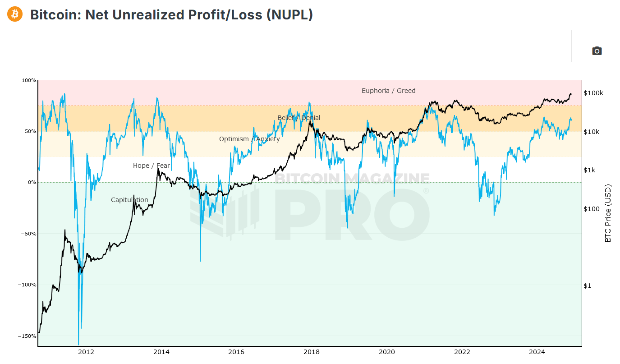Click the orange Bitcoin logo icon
tap(14, 14)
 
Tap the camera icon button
tap(597, 51)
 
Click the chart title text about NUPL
tap(171, 14)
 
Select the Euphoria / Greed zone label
tap(388, 91)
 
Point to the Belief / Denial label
tap(299, 118)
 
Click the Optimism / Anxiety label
tap(249, 139)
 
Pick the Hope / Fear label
tap(152, 166)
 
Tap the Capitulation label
tap(129, 200)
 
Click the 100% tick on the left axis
tap(29, 80)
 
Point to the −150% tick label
tap(28, 336)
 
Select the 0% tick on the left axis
tap(32, 183)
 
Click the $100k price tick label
tap(593, 93)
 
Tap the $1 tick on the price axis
tap(587, 286)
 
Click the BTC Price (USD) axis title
tap(608, 213)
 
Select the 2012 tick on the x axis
tap(86, 352)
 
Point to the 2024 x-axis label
tap(537, 352)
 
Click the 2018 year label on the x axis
tap(311, 352)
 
